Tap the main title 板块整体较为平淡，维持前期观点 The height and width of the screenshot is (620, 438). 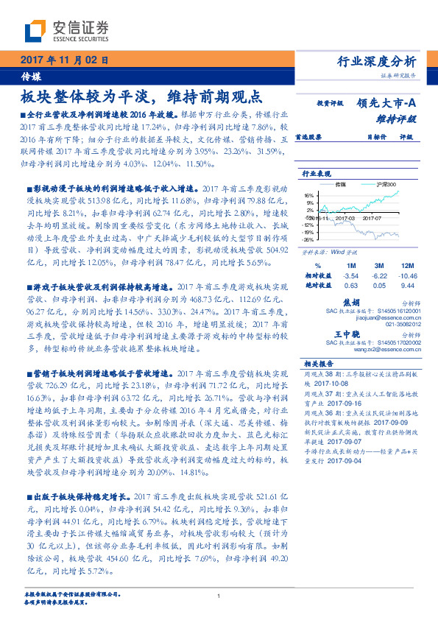click(x=141, y=96)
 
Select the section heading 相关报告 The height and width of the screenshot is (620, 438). click(x=318, y=364)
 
